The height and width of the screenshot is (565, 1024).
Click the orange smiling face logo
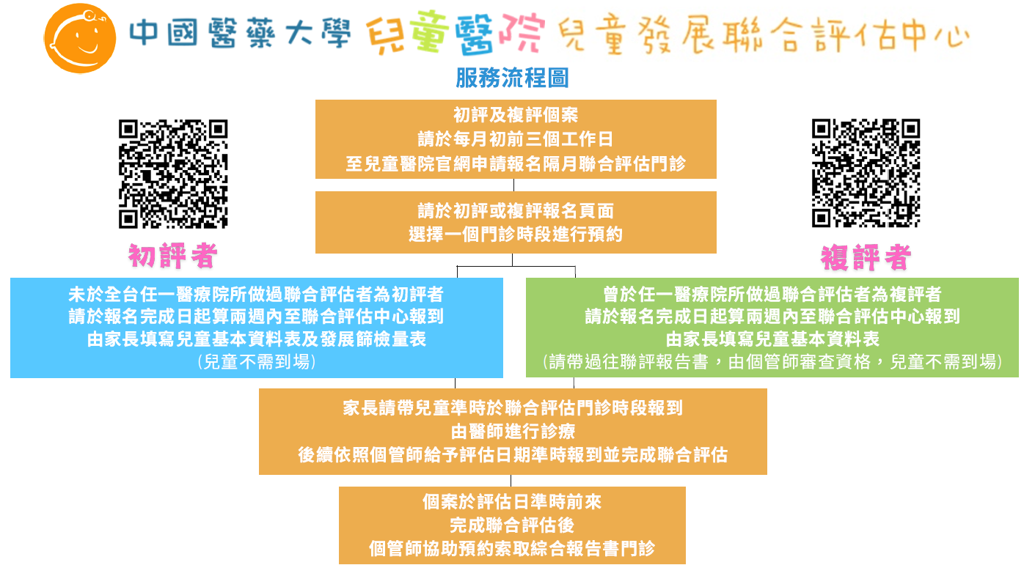click(80, 38)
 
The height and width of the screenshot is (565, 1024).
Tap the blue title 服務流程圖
click(513, 78)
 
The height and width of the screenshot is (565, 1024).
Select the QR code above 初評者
click(173, 174)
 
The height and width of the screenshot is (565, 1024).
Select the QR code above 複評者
click(866, 173)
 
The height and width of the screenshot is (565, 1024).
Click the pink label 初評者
click(173, 256)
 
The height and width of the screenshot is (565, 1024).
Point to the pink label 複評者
click(866, 257)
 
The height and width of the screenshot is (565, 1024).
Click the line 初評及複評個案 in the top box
click(516, 115)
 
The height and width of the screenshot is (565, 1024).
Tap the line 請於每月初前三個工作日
click(516, 139)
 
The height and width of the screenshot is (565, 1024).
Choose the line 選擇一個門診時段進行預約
click(516, 235)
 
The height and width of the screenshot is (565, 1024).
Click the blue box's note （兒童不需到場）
click(257, 362)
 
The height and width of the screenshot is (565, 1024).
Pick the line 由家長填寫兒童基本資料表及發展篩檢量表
click(257, 339)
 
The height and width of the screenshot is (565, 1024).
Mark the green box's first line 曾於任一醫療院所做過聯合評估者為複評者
click(772, 294)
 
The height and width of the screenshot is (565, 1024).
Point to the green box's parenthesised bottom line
click(772, 362)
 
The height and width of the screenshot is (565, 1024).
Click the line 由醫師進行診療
click(513, 431)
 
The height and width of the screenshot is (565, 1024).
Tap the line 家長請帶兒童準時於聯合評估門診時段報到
click(513, 408)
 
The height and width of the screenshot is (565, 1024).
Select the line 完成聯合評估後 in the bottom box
click(512, 525)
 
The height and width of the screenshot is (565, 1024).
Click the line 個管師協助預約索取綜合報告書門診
click(512, 549)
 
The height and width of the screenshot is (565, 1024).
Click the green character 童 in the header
click(430, 31)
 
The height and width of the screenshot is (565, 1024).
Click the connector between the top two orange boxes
click(513, 185)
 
